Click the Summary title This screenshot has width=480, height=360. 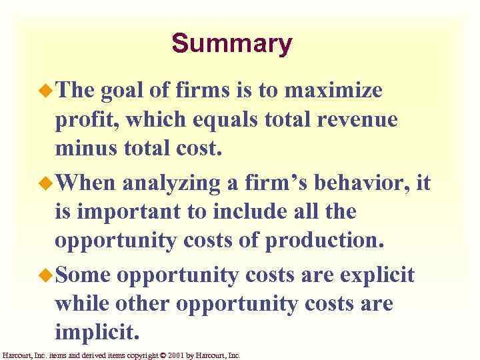click(x=231, y=44)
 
